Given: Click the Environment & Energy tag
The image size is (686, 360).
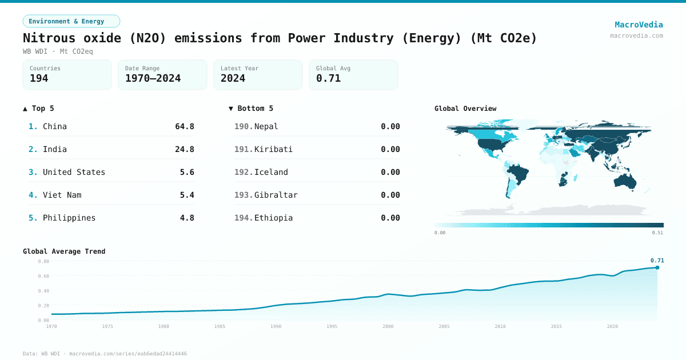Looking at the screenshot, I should tap(71, 21).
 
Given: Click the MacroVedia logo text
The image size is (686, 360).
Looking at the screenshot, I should tap(639, 25).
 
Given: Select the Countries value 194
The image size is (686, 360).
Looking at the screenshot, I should tap(39, 78).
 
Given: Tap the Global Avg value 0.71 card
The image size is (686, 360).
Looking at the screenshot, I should tap(353, 75).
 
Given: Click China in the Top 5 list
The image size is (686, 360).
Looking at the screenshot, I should tap(55, 126).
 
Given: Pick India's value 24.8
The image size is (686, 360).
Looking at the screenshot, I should tap(185, 149).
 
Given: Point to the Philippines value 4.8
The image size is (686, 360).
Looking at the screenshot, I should tap(187, 218).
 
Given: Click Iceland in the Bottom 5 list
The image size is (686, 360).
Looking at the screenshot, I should tap(271, 172).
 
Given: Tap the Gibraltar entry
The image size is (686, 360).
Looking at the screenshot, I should tap(276, 195).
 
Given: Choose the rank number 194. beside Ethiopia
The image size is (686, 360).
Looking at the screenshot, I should tap(243, 218).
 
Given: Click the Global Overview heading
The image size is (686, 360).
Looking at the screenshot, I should tap(465, 109).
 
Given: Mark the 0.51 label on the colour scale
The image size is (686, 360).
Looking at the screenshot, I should tap(657, 233).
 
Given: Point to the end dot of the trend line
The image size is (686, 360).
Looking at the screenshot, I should tap(657, 267).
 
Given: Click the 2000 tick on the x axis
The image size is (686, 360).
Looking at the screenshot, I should tap(388, 326).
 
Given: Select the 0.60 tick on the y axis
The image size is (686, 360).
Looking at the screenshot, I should tap(43, 276).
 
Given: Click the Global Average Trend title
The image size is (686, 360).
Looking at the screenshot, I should tap(64, 251).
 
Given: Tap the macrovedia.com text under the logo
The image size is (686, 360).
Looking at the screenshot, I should tap(636, 35).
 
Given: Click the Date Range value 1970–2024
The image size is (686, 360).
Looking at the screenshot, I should tap(153, 78).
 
